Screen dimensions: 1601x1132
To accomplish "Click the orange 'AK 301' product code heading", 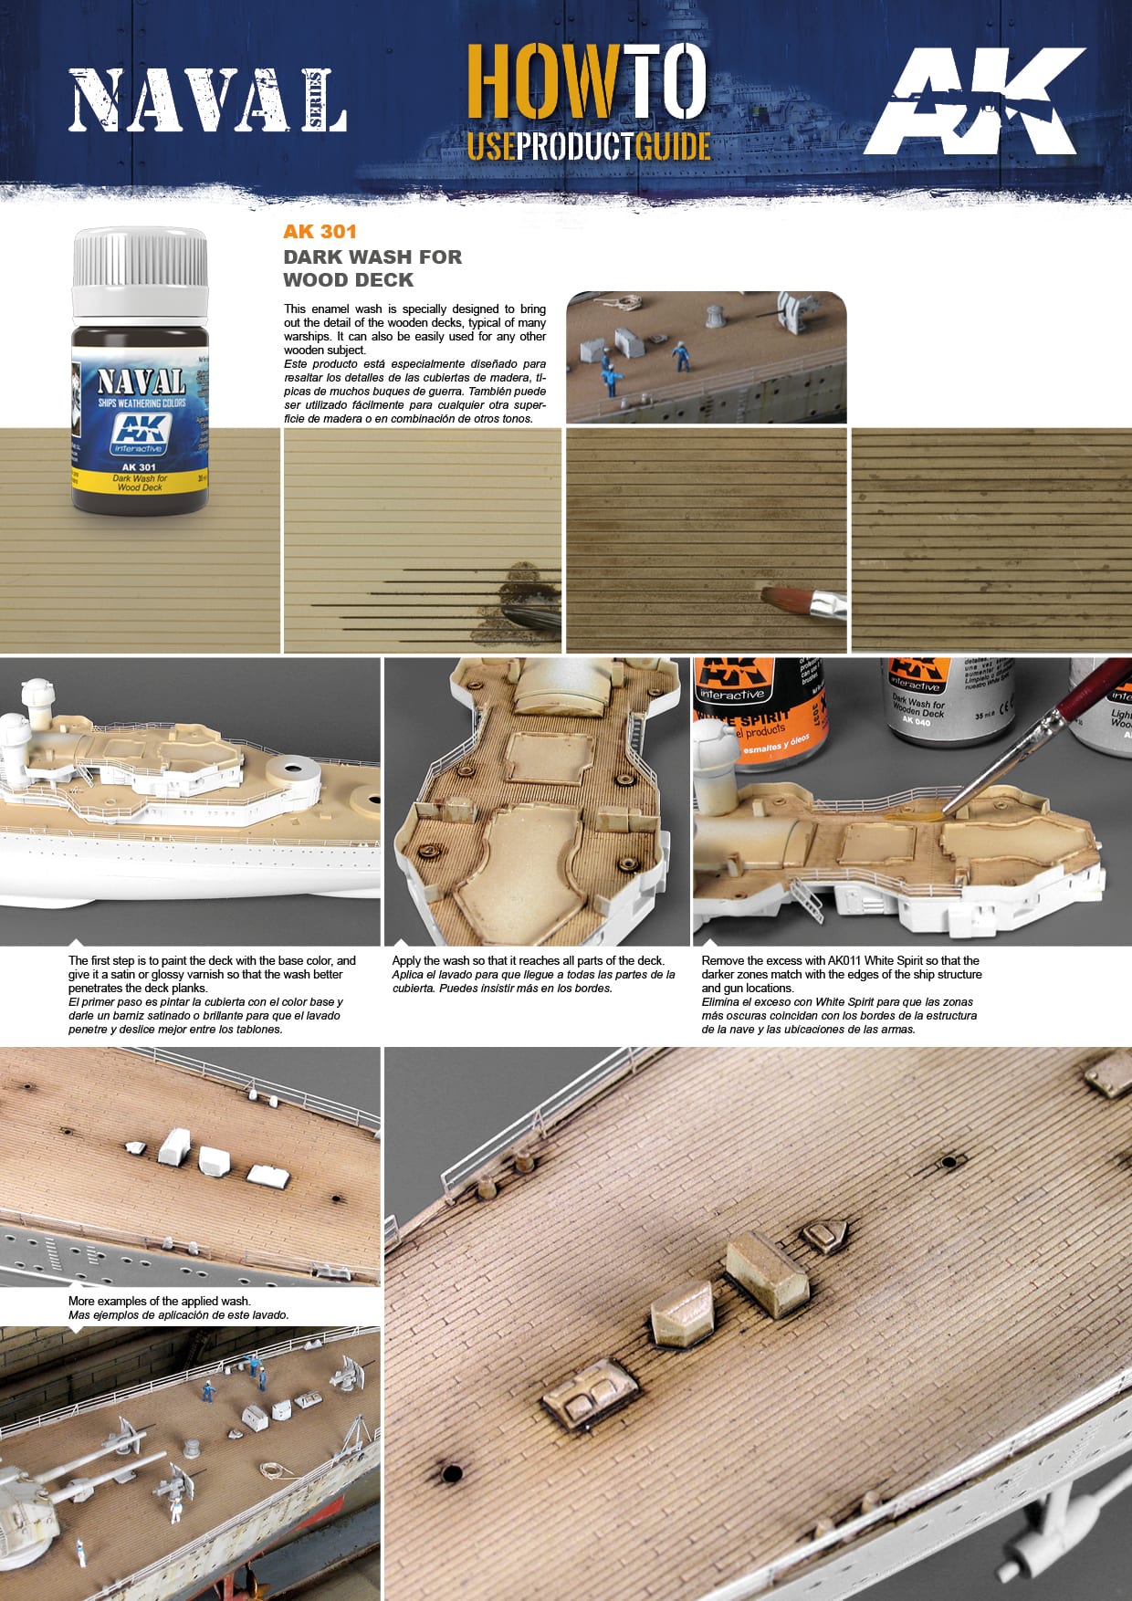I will (320, 232).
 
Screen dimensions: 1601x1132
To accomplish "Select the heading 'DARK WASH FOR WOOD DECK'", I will (372, 268).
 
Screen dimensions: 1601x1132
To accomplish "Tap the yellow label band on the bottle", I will (140, 483).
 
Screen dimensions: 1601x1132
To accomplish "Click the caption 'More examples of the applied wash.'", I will (159, 1301).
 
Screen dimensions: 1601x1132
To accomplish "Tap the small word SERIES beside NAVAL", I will (316, 100).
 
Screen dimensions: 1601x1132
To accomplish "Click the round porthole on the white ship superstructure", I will (374, 800).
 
